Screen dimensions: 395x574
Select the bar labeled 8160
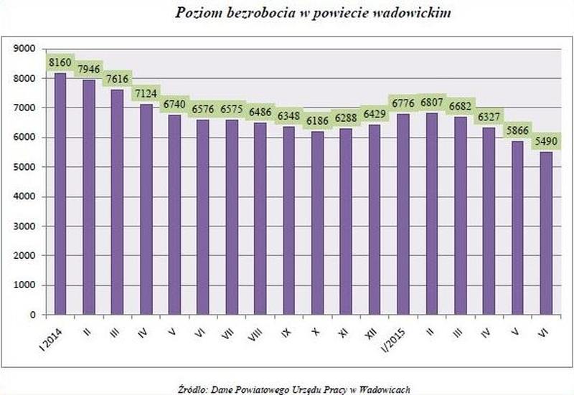tap(60, 194)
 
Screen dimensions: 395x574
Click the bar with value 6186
tap(316, 222)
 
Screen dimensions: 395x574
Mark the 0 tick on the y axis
tap(32, 315)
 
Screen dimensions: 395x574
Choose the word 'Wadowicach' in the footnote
tap(388, 389)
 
